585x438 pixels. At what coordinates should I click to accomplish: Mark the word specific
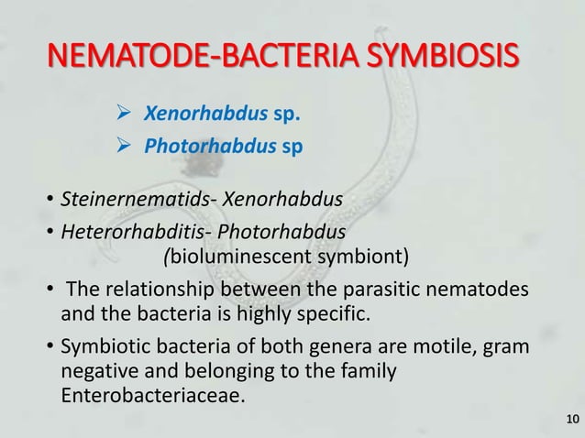pyautogui.click(x=334, y=316)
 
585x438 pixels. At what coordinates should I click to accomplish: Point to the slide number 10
pyautogui.click(x=572, y=420)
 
